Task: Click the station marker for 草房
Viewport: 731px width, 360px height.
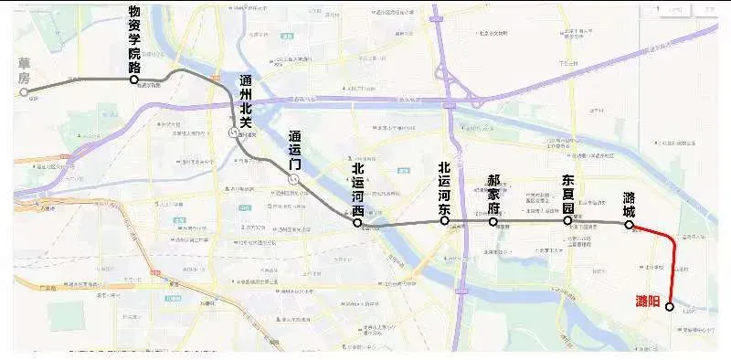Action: [25, 91]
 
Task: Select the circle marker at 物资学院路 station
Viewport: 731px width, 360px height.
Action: [134, 80]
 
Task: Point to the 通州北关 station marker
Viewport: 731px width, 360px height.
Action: [233, 133]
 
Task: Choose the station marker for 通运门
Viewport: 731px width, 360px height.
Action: [292, 181]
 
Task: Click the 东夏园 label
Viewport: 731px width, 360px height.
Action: [567, 193]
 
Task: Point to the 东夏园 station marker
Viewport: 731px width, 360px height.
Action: [567, 221]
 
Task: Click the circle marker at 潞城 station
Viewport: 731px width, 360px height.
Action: [629, 224]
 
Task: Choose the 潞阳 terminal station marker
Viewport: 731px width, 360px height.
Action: [670, 307]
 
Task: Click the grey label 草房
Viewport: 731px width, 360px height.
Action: [25, 70]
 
